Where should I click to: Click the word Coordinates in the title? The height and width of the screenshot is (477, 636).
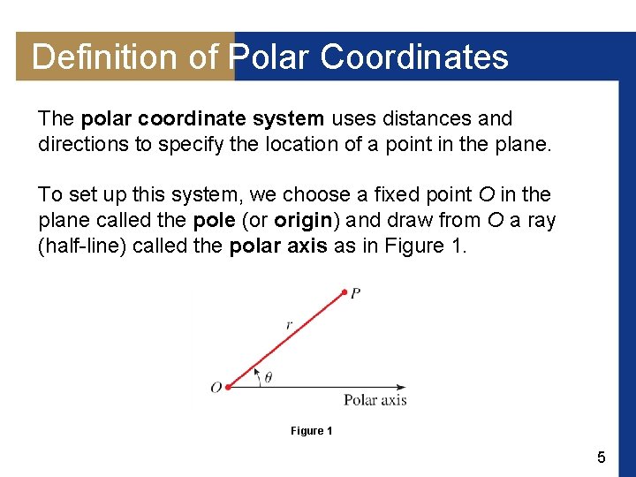coord(414,57)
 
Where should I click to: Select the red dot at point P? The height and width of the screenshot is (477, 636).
coord(344,291)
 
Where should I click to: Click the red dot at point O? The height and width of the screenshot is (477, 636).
coord(228,387)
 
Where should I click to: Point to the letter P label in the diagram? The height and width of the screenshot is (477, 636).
coord(355,293)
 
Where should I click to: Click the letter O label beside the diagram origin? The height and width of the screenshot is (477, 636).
coord(216,388)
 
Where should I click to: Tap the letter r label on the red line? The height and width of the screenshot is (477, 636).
coord(289,326)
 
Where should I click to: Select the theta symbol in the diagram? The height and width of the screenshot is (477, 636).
coord(269,377)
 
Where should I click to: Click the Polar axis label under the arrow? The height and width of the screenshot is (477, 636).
coord(375,400)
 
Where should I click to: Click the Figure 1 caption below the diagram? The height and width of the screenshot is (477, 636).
coord(311,431)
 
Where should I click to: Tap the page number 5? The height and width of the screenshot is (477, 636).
coord(602,458)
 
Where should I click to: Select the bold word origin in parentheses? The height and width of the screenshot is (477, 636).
coord(303,220)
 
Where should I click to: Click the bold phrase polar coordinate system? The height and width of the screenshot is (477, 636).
coord(202,118)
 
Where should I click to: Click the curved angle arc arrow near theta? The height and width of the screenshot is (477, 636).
coord(257,376)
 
